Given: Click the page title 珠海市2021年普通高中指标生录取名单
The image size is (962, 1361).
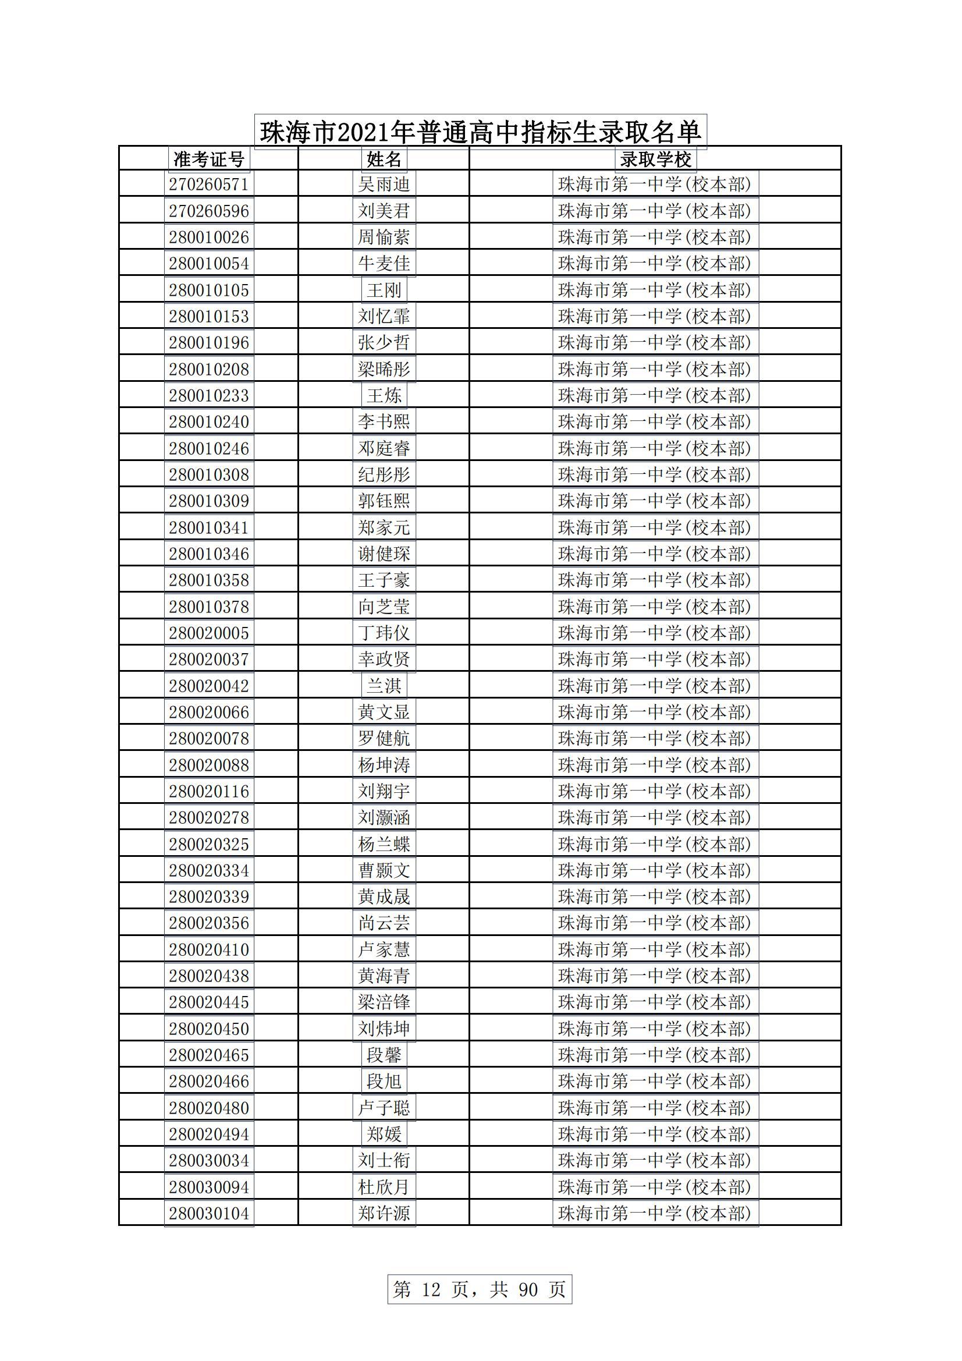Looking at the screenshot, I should (480, 132).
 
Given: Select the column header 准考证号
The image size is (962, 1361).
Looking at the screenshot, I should (209, 159).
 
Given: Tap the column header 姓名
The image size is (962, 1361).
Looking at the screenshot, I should (384, 159).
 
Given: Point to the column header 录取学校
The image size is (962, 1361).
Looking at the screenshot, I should (655, 159).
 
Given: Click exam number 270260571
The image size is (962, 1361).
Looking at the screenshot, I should (209, 185).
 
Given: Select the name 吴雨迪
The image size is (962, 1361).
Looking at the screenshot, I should (384, 185).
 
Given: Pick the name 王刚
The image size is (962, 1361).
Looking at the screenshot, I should (384, 290).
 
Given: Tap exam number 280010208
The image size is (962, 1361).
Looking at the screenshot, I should (209, 369).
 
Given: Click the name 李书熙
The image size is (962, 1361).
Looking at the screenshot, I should (384, 421).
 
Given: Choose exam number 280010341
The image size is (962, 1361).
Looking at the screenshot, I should (209, 527).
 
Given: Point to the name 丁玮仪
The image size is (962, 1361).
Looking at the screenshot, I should (384, 633).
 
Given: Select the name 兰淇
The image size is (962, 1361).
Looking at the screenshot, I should (384, 686).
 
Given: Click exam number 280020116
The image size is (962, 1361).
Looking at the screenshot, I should (209, 791).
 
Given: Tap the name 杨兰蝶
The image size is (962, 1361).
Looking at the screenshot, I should (384, 843).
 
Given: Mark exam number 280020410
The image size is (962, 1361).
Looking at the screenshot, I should (209, 949).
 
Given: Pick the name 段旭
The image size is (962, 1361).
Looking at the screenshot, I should (384, 1081).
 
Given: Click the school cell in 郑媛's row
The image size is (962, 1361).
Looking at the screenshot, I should (655, 1134).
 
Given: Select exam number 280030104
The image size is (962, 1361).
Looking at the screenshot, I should (209, 1213).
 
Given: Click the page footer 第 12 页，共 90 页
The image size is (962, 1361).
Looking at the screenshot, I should (480, 1289).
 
